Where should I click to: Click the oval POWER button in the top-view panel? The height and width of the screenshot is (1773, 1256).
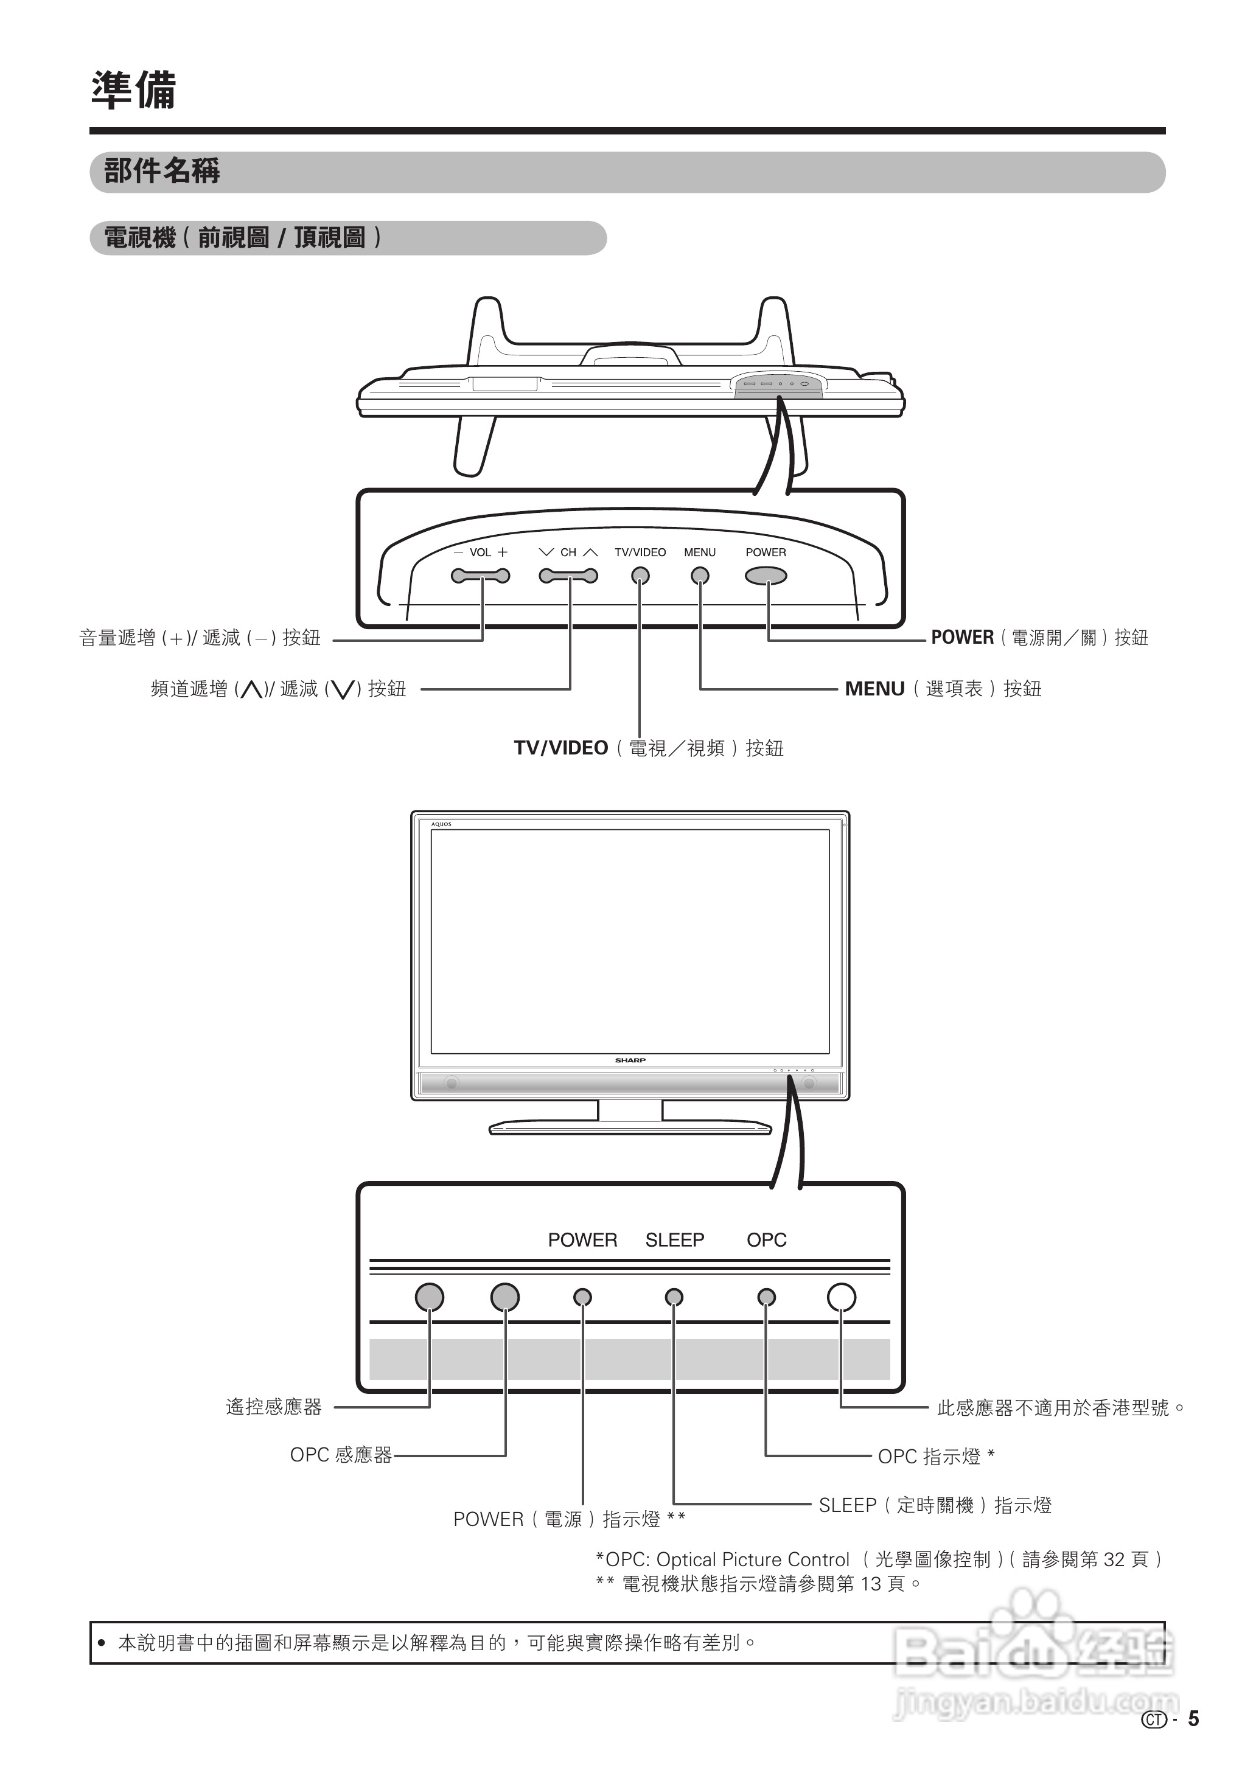[766, 576]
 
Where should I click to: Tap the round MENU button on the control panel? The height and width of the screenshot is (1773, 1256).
[700, 576]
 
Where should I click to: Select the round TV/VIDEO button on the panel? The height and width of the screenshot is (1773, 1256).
[640, 576]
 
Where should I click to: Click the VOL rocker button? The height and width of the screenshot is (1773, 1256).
[480, 576]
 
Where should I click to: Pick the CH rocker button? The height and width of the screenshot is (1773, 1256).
[568, 576]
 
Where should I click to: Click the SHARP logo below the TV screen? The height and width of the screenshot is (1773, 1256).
[630, 1060]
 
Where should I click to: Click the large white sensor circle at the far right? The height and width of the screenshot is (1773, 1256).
[842, 1297]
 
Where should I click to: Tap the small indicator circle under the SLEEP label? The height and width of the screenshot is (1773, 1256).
[674, 1297]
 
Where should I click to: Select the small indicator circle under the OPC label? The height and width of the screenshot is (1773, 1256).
[766, 1297]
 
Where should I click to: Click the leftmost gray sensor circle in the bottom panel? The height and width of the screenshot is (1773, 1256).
[429, 1297]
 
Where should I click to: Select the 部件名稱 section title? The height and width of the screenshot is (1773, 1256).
[162, 171]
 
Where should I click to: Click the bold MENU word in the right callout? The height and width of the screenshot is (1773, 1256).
[874, 689]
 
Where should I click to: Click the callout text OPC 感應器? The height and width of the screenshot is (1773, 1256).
[341, 1455]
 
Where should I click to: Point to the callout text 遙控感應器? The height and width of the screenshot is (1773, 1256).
[274, 1407]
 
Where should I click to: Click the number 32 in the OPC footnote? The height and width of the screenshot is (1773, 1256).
[1114, 1559]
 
